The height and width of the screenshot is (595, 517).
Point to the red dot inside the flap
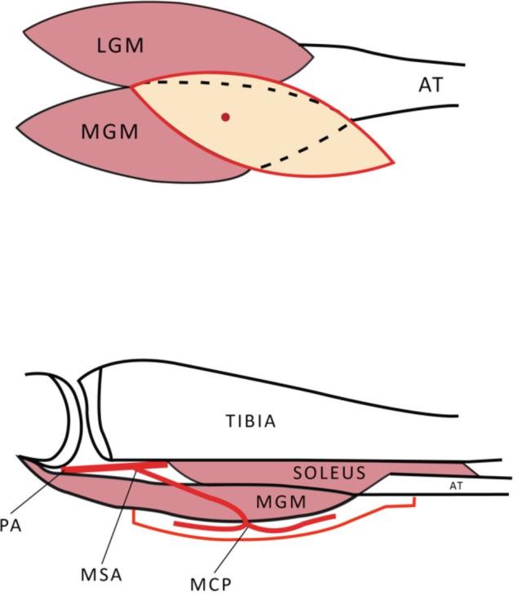click(226, 117)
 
